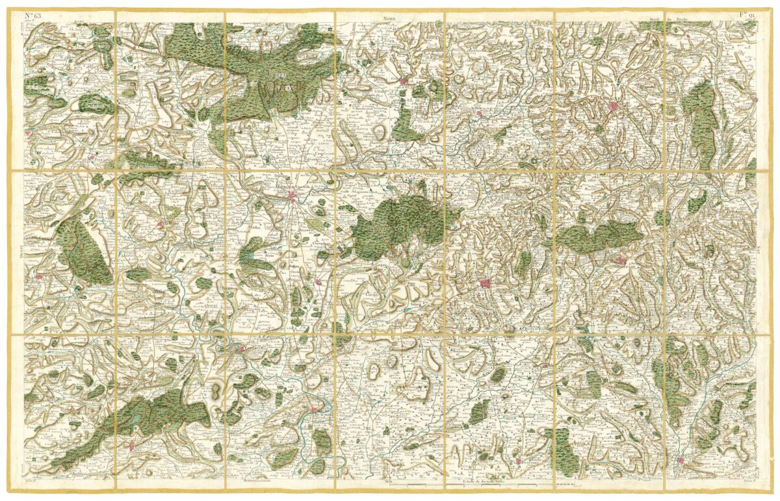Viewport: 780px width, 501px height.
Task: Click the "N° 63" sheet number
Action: pos(32,15)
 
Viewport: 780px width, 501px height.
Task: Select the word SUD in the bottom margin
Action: pos(389,482)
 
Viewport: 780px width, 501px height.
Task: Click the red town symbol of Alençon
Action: pos(292,199)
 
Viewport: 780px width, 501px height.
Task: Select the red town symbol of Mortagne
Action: pos(613,107)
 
